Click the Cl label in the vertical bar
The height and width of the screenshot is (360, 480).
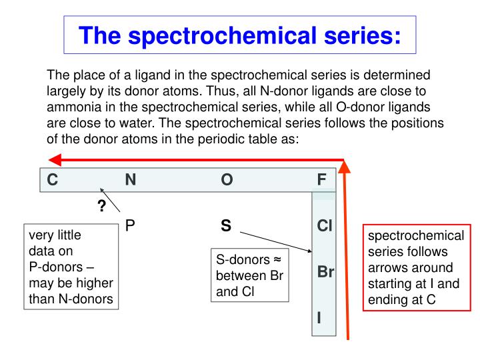coord(325,227)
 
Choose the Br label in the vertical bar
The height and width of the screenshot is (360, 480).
coord(325,273)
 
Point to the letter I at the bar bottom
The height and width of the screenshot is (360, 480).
coord(319,319)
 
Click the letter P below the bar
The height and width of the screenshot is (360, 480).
coord(131,226)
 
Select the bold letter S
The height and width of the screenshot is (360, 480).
coord(226,226)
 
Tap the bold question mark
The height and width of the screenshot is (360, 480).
coord(102,206)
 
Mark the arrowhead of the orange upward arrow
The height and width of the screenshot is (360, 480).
coord(345,167)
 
